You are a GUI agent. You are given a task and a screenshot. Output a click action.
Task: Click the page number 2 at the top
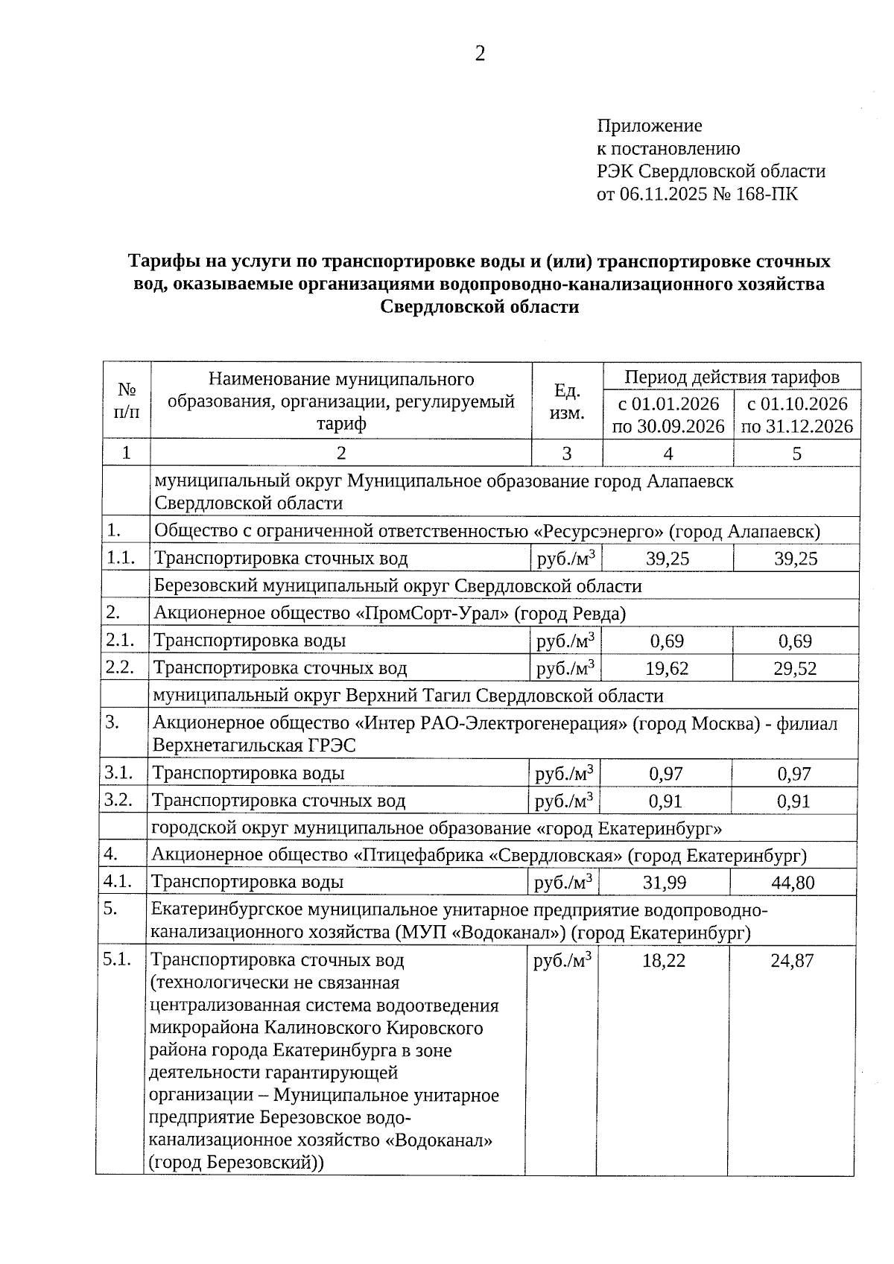pos(480,54)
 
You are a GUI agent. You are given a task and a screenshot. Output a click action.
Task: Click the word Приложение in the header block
pos(649,126)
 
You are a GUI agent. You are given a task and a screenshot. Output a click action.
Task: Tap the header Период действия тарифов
pos(732,377)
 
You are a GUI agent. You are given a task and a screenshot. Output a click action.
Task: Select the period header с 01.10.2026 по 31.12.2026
pos(797,415)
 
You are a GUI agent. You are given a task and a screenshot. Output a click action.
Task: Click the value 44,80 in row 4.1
pos(793,883)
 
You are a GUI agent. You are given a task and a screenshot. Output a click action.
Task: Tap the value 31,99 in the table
pos(665,883)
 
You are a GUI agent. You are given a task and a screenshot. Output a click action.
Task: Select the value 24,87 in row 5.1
pos(792,961)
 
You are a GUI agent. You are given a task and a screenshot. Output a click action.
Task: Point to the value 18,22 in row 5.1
pos(664,961)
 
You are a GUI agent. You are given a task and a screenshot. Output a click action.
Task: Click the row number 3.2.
pos(119,801)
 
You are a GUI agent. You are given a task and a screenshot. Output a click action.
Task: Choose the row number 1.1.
pos(121,558)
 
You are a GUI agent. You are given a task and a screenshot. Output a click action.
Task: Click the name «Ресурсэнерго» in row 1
pos(599,532)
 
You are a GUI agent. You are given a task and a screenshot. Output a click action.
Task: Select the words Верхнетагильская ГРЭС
pos(254,746)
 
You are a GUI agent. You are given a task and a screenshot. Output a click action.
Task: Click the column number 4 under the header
pos(668,454)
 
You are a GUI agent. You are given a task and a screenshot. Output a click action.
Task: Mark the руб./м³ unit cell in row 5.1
pos(563,961)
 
